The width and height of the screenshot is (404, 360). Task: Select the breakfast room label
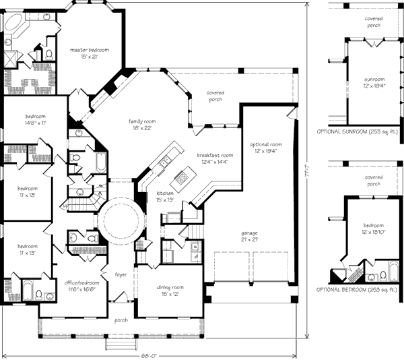tap(215, 158)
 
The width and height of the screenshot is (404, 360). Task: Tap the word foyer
tap(121, 274)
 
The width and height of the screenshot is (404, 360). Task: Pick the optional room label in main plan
tap(265, 148)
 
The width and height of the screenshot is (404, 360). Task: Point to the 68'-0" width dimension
tap(149, 353)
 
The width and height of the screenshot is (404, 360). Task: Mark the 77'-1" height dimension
tap(307, 174)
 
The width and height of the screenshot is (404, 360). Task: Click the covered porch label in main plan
tap(215, 96)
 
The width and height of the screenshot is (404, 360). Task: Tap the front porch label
tap(121, 320)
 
